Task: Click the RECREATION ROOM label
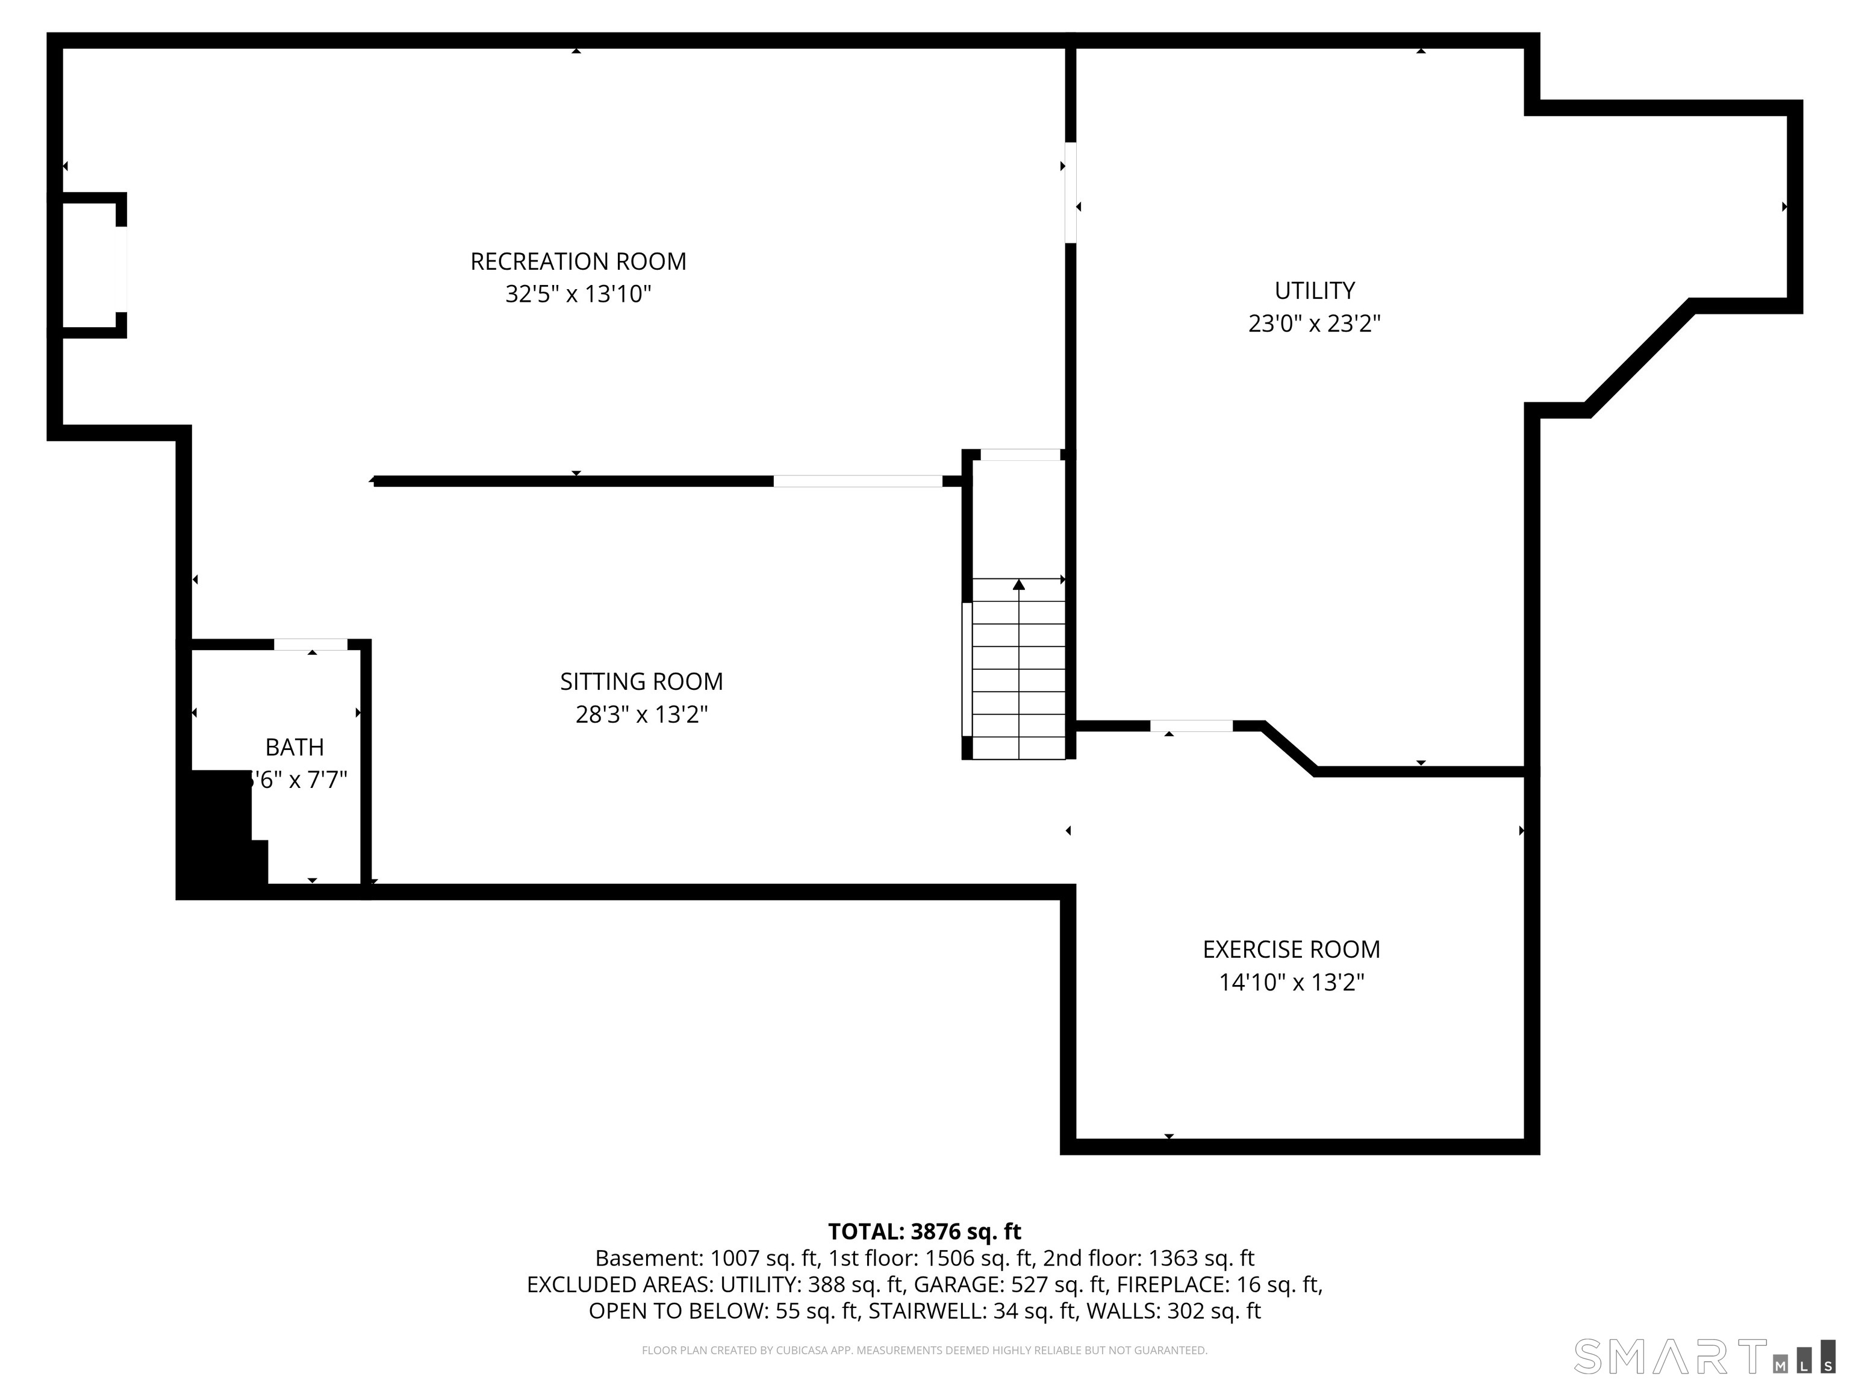[x=578, y=262]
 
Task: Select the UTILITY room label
[x=1314, y=290]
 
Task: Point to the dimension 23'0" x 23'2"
[x=1314, y=324]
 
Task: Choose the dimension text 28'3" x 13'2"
[x=641, y=714]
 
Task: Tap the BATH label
[x=294, y=747]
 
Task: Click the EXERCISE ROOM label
[x=1291, y=949]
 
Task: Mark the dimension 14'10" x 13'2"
[x=1291, y=982]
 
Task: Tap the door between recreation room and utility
[x=1070, y=192]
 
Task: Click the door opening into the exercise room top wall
[x=1191, y=726]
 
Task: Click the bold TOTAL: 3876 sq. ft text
[x=924, y=1231]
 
